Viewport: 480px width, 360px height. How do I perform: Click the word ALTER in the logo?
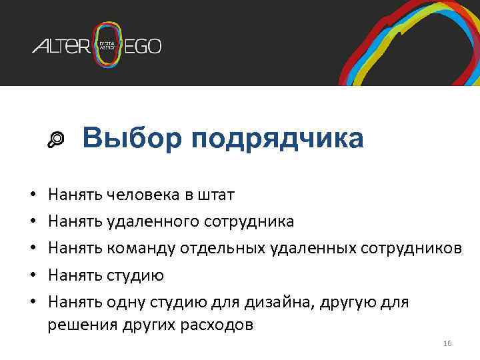coord(62,46)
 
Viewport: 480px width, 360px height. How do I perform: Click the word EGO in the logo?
coord(143,46)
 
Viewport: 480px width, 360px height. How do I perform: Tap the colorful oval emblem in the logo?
coord(108,45)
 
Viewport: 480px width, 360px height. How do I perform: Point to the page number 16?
coord(447,343)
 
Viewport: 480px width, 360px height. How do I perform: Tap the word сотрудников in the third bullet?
coord(411,248)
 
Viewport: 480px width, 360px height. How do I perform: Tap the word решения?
coord(81,325)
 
